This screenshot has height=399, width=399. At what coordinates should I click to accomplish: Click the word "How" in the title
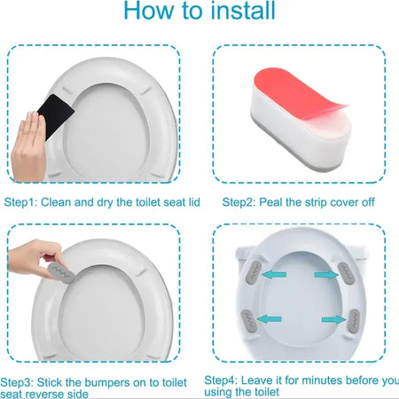pos(150,12)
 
